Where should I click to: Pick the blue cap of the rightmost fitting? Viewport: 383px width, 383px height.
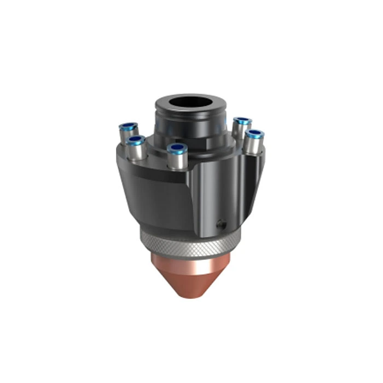pos(254,134)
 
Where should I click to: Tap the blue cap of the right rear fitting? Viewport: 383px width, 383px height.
pos(241,121)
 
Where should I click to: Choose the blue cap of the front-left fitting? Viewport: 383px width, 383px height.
pos(137,142)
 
